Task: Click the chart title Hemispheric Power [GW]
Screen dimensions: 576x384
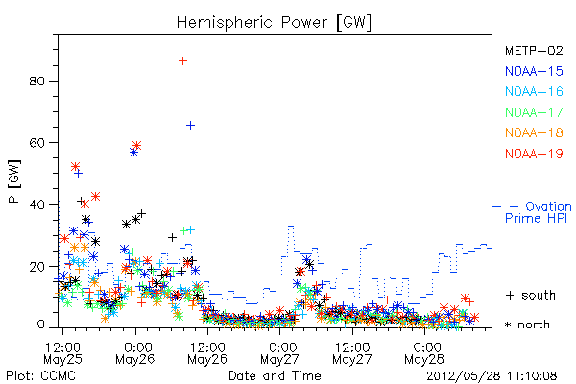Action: pos(274,23)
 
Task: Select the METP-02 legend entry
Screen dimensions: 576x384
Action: pos(534,50)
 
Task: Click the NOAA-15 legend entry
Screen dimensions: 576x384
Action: pos(534,71)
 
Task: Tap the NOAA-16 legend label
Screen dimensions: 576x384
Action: pos(534,91)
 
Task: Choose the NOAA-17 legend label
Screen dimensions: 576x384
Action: pos(534,112)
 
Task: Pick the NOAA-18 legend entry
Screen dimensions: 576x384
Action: pos(534,132)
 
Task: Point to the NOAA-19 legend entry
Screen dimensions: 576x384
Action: pos(534,154)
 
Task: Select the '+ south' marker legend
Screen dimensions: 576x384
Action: pos(531,295)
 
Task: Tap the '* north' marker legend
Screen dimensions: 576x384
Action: pos(527,324)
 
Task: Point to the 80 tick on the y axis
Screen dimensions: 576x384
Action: pos(36,82)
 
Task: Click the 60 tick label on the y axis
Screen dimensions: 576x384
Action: pos(36,143)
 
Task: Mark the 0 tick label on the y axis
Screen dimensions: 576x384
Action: pos(40,324)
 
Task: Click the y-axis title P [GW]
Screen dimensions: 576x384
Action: pos(14,181)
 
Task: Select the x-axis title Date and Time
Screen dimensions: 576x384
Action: pos(275,375)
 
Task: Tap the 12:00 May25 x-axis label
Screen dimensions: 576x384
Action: pos(62,352)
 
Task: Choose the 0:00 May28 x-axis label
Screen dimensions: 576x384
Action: pos(424,352)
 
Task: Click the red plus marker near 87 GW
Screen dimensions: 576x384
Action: pos(182,61)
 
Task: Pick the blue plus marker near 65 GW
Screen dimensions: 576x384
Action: pos(190,126)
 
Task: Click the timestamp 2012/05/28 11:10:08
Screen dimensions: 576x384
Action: pos(492,376)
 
